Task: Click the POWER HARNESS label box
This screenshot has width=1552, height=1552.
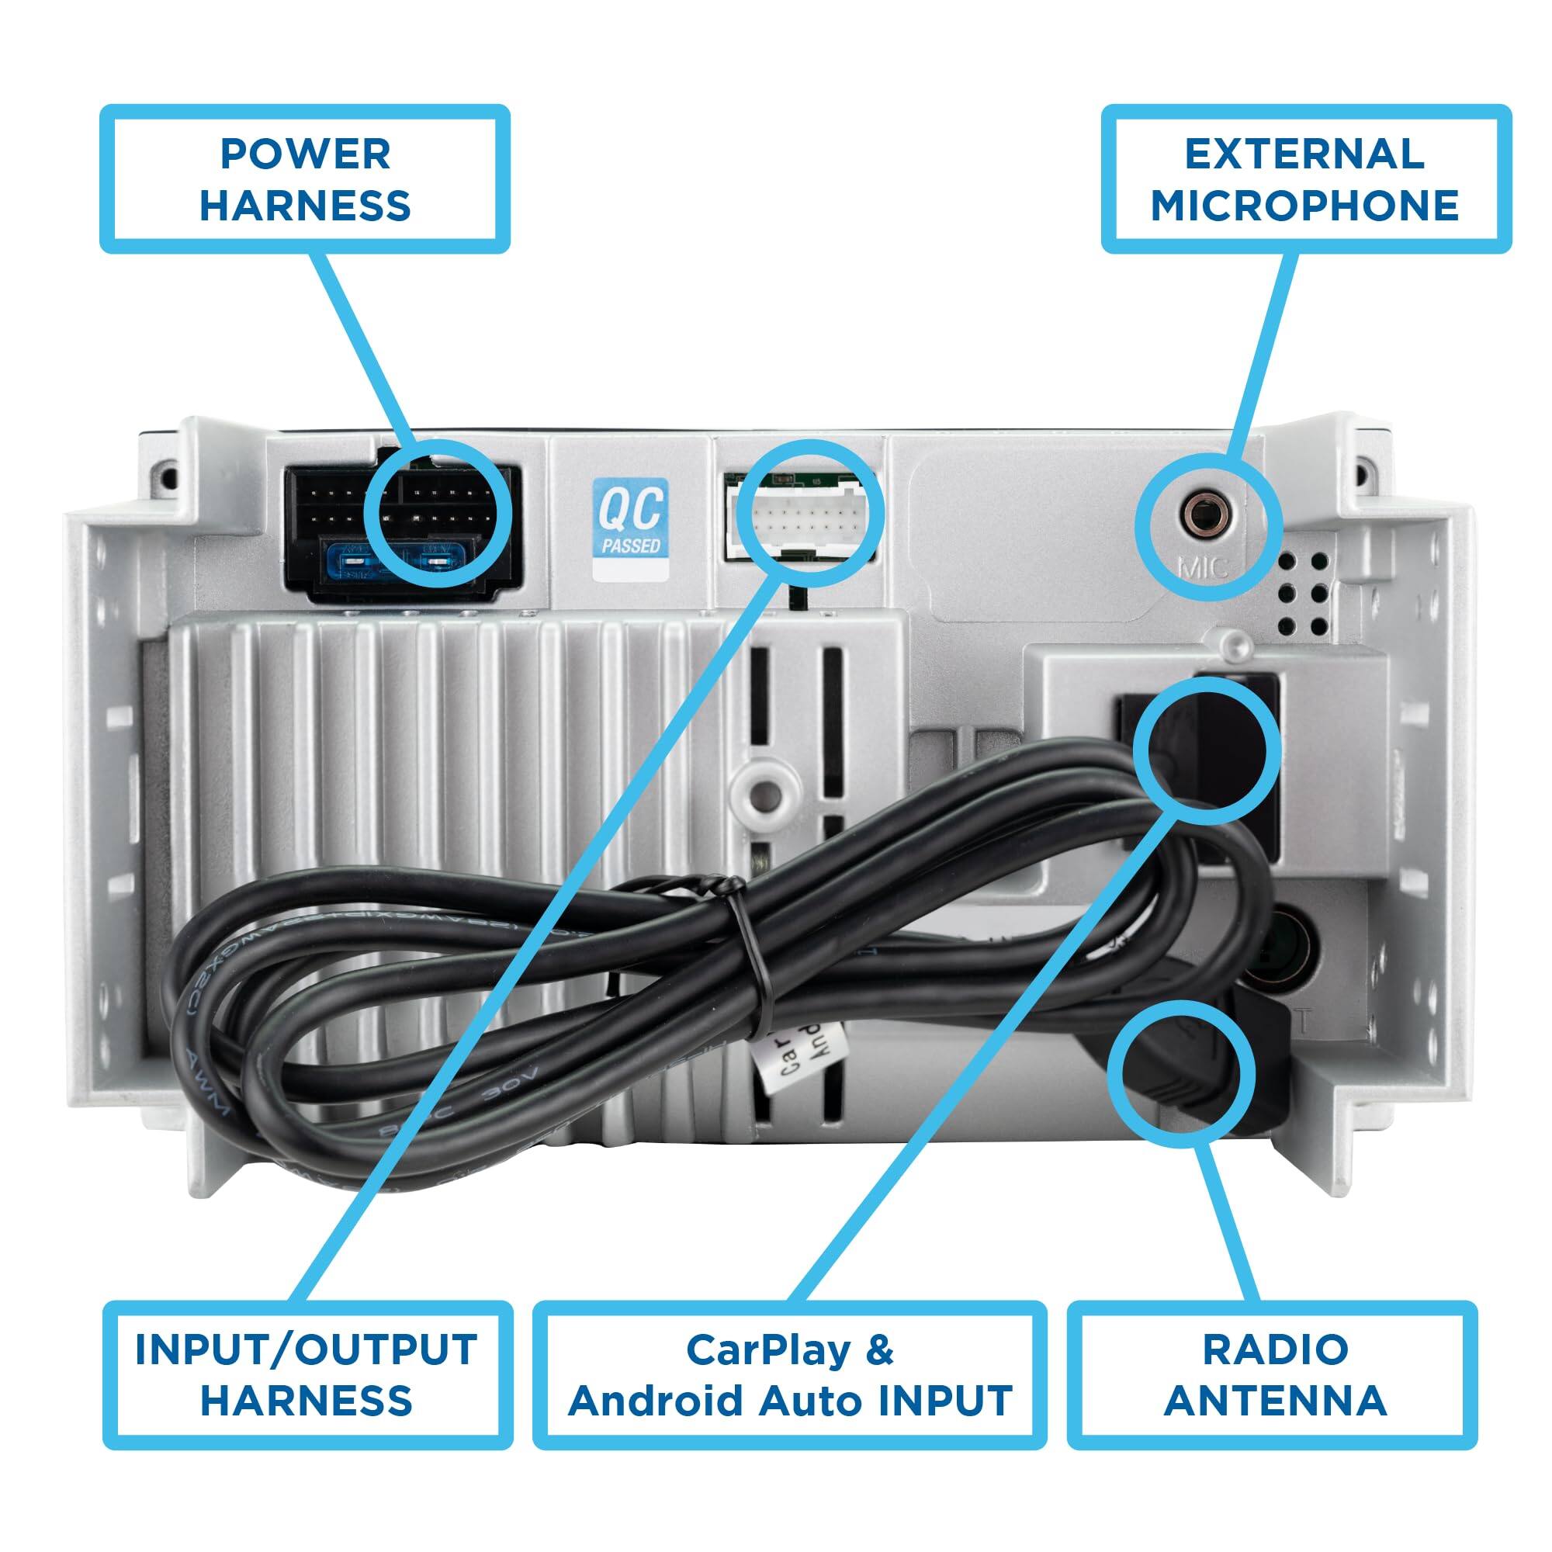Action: [304, 178]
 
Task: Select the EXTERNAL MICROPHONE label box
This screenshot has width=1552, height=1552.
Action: [1305, 178]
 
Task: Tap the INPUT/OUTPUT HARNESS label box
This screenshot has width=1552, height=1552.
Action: [307, 1374]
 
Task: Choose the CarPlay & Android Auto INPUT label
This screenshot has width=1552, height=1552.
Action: [790, 1374]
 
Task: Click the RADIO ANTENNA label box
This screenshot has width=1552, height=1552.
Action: [1275, 1374]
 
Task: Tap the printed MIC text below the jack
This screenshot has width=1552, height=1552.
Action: [1203, 567]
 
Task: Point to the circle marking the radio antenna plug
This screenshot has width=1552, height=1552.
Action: [1181, 1074]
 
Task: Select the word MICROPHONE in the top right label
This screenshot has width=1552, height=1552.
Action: [1305, 206]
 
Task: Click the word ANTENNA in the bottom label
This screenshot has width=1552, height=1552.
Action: [1275, 1401]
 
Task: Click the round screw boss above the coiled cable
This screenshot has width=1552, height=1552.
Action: [768, 795]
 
